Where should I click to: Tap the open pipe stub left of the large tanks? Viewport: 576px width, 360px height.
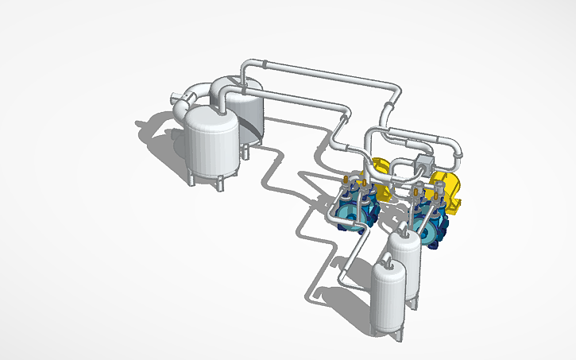tap(178, 99)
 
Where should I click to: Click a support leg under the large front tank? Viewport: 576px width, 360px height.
tap(191, 176)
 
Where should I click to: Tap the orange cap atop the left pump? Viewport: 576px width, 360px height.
tap(346, 182)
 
